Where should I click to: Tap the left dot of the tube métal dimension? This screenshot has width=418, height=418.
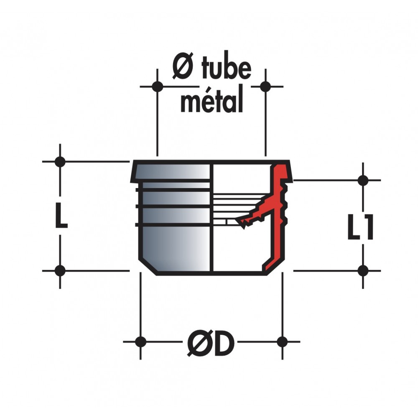point(157,87)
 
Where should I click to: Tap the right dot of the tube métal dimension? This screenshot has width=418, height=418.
point(265,87)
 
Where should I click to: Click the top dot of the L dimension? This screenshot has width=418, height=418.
point(60,161)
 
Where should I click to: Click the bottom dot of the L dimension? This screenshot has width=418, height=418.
point(60,271)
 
